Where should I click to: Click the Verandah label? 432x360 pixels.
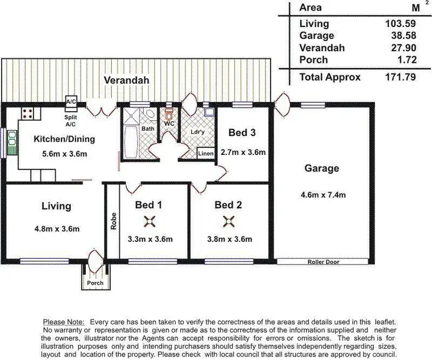pyautogui.click(x=126, y=81)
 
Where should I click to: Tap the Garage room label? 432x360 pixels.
pyautogui.click(x=323, y=169)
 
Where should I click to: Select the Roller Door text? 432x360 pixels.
pyautogui.click(x=323, y=262)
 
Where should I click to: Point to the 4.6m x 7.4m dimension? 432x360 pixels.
pyautogui.click(x=323, y=195)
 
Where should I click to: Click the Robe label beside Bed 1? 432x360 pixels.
pyautogui.click(x=113, y=222)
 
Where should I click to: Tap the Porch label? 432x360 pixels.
pyautogui.click(x=95, y=283)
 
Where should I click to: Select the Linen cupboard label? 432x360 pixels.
pyautogui.click(x=206, y=154)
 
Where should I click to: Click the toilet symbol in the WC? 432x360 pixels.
pyautogui.click(x=169, y=113)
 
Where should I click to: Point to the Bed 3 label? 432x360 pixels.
pyautogui.click(x=242, y=133)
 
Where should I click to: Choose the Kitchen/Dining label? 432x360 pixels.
pyautogui.click(x=64, y=139)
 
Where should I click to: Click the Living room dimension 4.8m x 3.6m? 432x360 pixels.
pyautogui.click(x=56, y=229)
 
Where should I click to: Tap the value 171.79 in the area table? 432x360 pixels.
pyautogui.click(x=402, y=77)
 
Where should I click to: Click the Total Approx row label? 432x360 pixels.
pyautogui.click(x=330, y=77)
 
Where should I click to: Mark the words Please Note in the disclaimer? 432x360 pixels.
pyautogui.click(x=63, y=321)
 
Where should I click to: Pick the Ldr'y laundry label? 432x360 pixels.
pyautogui.click(x=198, y=131)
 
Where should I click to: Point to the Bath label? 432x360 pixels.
pyautogui.click(x=148, y=128)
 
